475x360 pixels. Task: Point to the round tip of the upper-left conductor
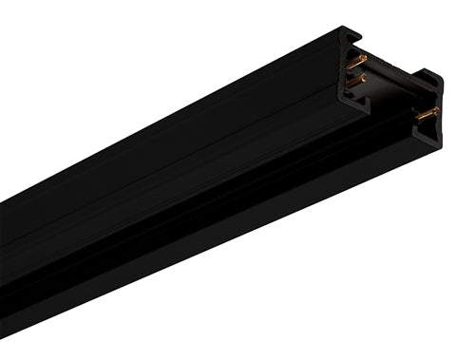(365, 58)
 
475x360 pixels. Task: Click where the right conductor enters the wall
(418, 118)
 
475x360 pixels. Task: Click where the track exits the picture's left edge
(3, 256)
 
